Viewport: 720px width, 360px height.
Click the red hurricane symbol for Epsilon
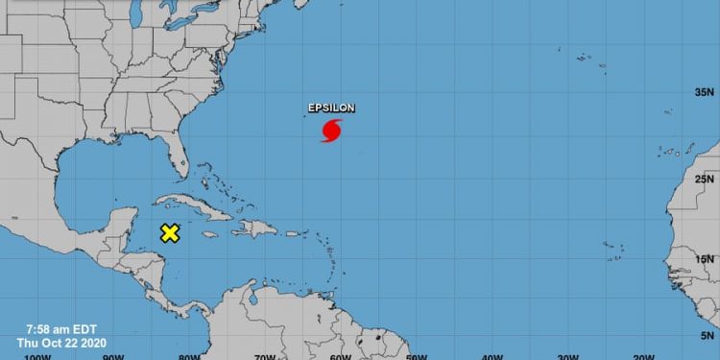pos(331,131)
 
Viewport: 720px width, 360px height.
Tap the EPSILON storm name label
pos(331,108)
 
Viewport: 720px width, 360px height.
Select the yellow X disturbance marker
pos(170,233)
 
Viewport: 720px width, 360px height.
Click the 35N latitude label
pos(706,92)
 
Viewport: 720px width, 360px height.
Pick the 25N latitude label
pos(706,179)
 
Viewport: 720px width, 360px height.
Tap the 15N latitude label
pos(706,258)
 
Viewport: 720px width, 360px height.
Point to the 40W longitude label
pos(492,356)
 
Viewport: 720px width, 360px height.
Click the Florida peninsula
pos(177,157)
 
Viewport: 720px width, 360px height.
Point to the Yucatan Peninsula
pos(119,223)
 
